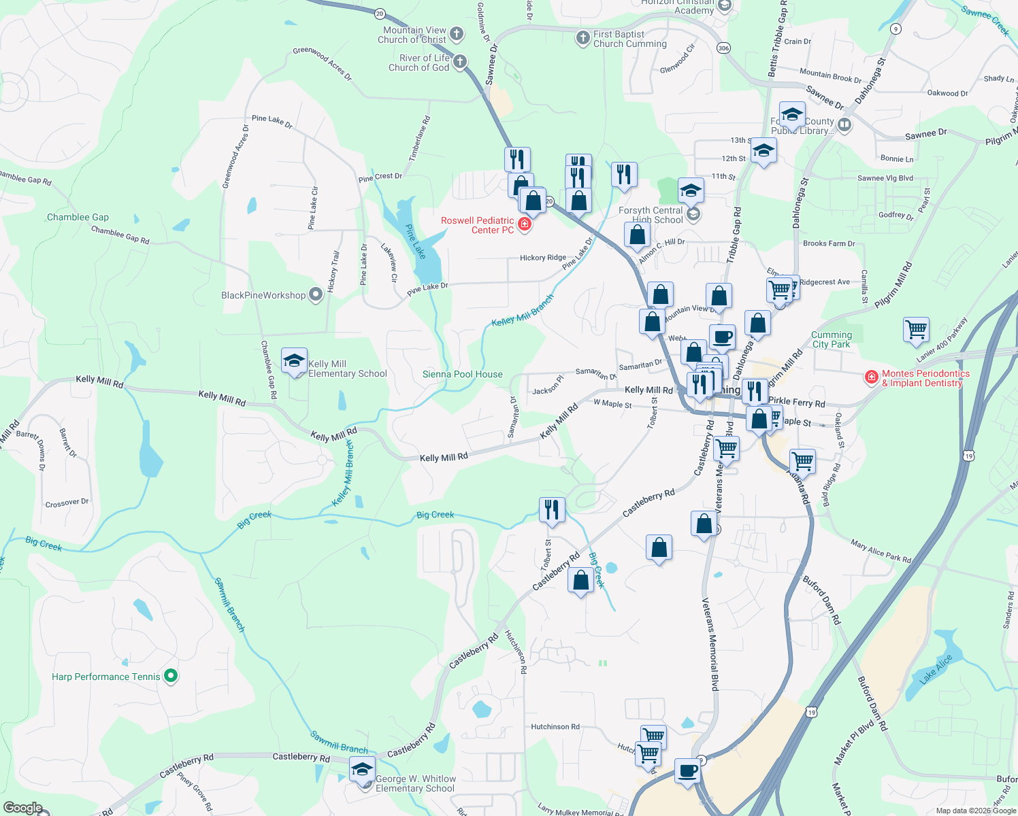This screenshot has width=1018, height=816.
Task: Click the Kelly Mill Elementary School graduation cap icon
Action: point(294,360)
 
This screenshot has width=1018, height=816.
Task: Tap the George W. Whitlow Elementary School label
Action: point(415,783)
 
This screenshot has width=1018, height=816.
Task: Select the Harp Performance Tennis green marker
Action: point(171,676)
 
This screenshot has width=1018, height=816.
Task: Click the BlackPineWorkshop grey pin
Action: point(315,294)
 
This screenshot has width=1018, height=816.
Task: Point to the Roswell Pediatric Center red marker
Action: point(524,224)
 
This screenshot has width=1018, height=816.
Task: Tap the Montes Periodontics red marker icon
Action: point(871,377)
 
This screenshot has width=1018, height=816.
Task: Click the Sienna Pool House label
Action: point(462,374)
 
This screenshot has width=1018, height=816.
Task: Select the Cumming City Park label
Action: point(831,339)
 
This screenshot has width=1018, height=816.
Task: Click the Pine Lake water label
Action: point(415,241)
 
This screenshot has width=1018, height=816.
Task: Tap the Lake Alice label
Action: point(936,670)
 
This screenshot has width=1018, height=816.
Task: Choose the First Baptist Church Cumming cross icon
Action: point(582,37)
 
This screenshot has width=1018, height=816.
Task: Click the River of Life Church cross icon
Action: point(460,62)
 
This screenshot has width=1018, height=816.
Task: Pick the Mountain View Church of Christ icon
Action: point(457,33)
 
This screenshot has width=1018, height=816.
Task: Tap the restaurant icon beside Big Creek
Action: point(552,509)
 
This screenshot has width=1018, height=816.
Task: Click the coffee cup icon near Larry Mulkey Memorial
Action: point(688,770)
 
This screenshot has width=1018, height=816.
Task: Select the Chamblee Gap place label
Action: point(78,217)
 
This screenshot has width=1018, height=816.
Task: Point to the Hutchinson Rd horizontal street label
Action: point(555,726)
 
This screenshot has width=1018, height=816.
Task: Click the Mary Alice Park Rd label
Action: point(881,551)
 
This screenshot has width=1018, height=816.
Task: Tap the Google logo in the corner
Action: point(22,808)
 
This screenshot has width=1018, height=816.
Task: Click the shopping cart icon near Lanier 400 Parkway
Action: point(916,330)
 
